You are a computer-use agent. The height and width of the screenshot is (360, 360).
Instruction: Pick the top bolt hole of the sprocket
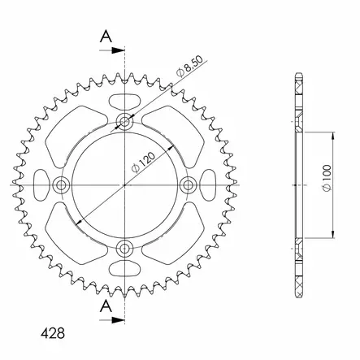[124, 124]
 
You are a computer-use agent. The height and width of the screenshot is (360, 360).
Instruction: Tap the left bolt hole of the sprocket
[62, 185]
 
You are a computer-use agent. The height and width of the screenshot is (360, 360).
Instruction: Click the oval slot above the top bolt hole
[124, 101]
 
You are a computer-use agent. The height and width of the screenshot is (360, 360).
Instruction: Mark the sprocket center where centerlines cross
[124, 185]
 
